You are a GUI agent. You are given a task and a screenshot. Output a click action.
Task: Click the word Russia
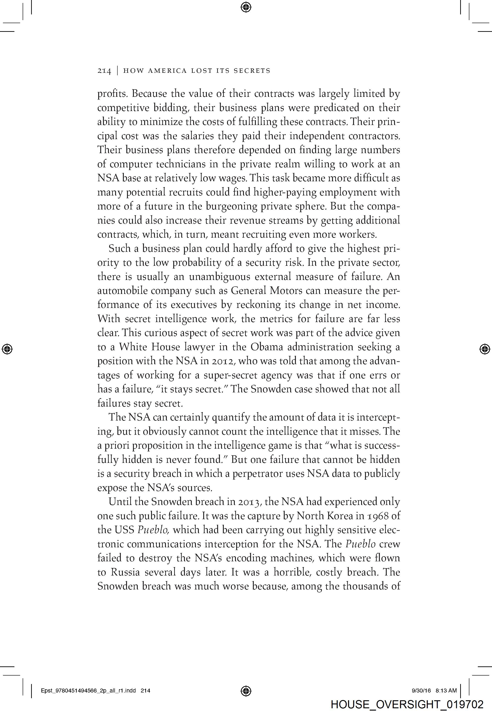pos(125,573)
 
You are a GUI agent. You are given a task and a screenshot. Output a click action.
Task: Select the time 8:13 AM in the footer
pos(446,691)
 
